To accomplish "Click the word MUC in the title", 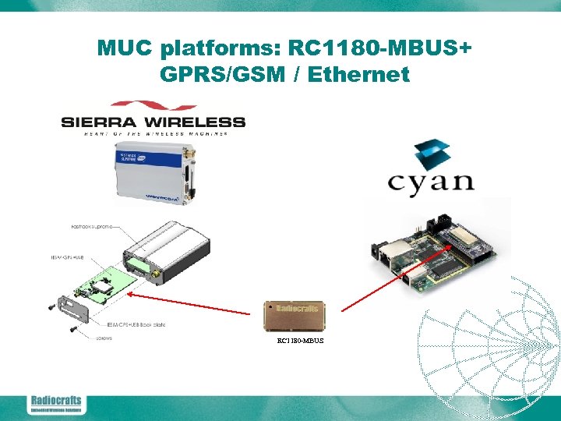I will [125, 49].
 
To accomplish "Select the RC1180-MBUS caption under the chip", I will [300, 341].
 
